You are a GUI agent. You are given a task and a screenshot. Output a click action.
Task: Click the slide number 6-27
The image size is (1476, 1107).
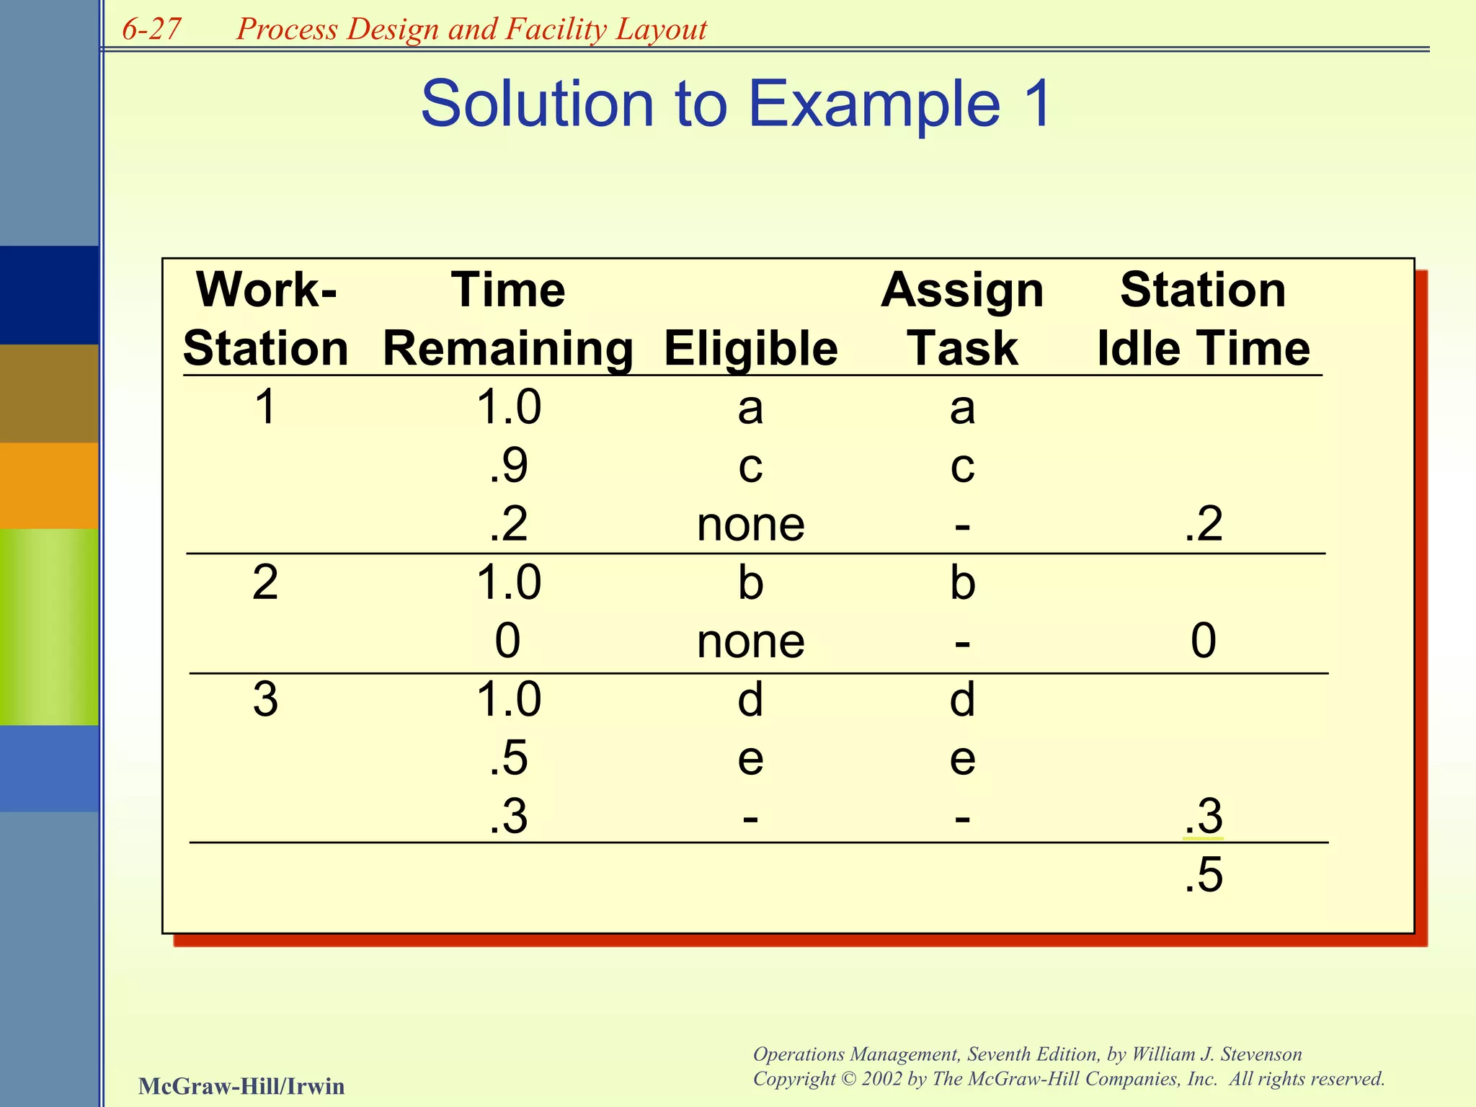pos(151,29)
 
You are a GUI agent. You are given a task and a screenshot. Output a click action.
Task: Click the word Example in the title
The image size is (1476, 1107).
pos(874,104)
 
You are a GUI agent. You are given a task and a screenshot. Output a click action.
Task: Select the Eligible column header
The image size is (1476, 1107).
pos(750,349)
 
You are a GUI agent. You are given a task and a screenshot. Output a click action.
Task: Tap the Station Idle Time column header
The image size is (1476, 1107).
pos(1203,319)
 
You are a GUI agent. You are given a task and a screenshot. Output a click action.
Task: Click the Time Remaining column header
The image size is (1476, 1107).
pos(508,319)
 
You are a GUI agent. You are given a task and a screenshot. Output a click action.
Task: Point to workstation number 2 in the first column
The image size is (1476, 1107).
pos(265,582)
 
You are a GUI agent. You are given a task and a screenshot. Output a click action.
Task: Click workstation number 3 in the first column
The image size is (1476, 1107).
pos(265,699)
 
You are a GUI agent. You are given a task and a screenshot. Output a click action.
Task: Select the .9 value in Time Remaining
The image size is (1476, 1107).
pos(508,466)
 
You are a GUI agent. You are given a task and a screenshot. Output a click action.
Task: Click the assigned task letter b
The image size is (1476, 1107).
pos(962,582)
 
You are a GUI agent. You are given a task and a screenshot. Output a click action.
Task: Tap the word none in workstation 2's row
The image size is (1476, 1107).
pos(750,641)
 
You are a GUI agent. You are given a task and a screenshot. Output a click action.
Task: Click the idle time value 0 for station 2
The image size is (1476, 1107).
pos(1203,641)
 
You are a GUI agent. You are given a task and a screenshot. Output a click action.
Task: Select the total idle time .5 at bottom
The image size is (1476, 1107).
pos(1203,876)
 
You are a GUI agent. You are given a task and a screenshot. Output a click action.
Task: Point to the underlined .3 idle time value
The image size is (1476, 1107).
pos(1203,817)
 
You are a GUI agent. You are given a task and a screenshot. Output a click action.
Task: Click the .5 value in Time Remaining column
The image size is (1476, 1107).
pos(508,758)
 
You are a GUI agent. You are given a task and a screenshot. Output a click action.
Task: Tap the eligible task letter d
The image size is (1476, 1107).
pos(750,699)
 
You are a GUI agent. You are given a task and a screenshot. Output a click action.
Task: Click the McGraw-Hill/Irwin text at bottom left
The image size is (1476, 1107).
pos(241,1086)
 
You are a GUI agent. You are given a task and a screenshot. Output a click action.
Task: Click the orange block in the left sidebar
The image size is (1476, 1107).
pos(49,485)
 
